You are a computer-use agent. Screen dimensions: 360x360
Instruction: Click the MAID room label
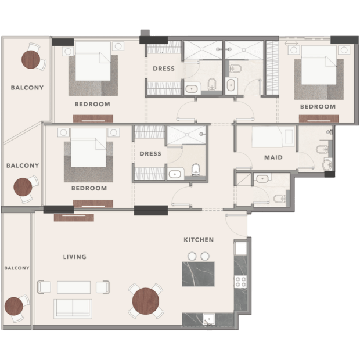tap(273, 157)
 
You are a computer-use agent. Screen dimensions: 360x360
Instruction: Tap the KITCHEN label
tap(199, 240)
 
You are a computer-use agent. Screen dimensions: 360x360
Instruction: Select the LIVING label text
tap(75, 257)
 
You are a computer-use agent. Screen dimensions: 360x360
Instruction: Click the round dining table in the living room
tap(146, 301)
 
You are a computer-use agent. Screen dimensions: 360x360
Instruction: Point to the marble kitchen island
tap(198, 274)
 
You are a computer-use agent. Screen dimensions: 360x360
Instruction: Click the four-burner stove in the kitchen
tap(240, 282)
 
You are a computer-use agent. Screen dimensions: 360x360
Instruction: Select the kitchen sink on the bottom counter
tap(209, 319)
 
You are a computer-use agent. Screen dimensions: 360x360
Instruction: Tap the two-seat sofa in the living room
tap(73, 309)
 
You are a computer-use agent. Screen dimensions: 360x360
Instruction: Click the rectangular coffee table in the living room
tap(74, 287)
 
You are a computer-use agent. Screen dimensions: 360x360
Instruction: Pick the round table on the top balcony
tap(31, 59)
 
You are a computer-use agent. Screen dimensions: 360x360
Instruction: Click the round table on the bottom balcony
tap(14, 306)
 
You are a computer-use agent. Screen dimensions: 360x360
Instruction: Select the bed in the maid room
tap(273, 137)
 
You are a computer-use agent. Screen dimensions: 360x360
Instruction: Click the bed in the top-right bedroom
tap(319, 65)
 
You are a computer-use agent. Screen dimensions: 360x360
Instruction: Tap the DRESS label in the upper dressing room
tap(164, 69)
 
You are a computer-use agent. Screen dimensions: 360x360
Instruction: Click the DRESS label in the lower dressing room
tap(150, 154)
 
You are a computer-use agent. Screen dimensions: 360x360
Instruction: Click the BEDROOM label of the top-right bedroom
tap(318, 106)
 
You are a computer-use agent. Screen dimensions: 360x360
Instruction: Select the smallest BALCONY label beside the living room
tap(17, 268)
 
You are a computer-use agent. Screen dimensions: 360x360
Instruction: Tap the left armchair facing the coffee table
tap(44, 287)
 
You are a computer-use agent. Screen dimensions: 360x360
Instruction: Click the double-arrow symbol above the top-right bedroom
tap(291, 43)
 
